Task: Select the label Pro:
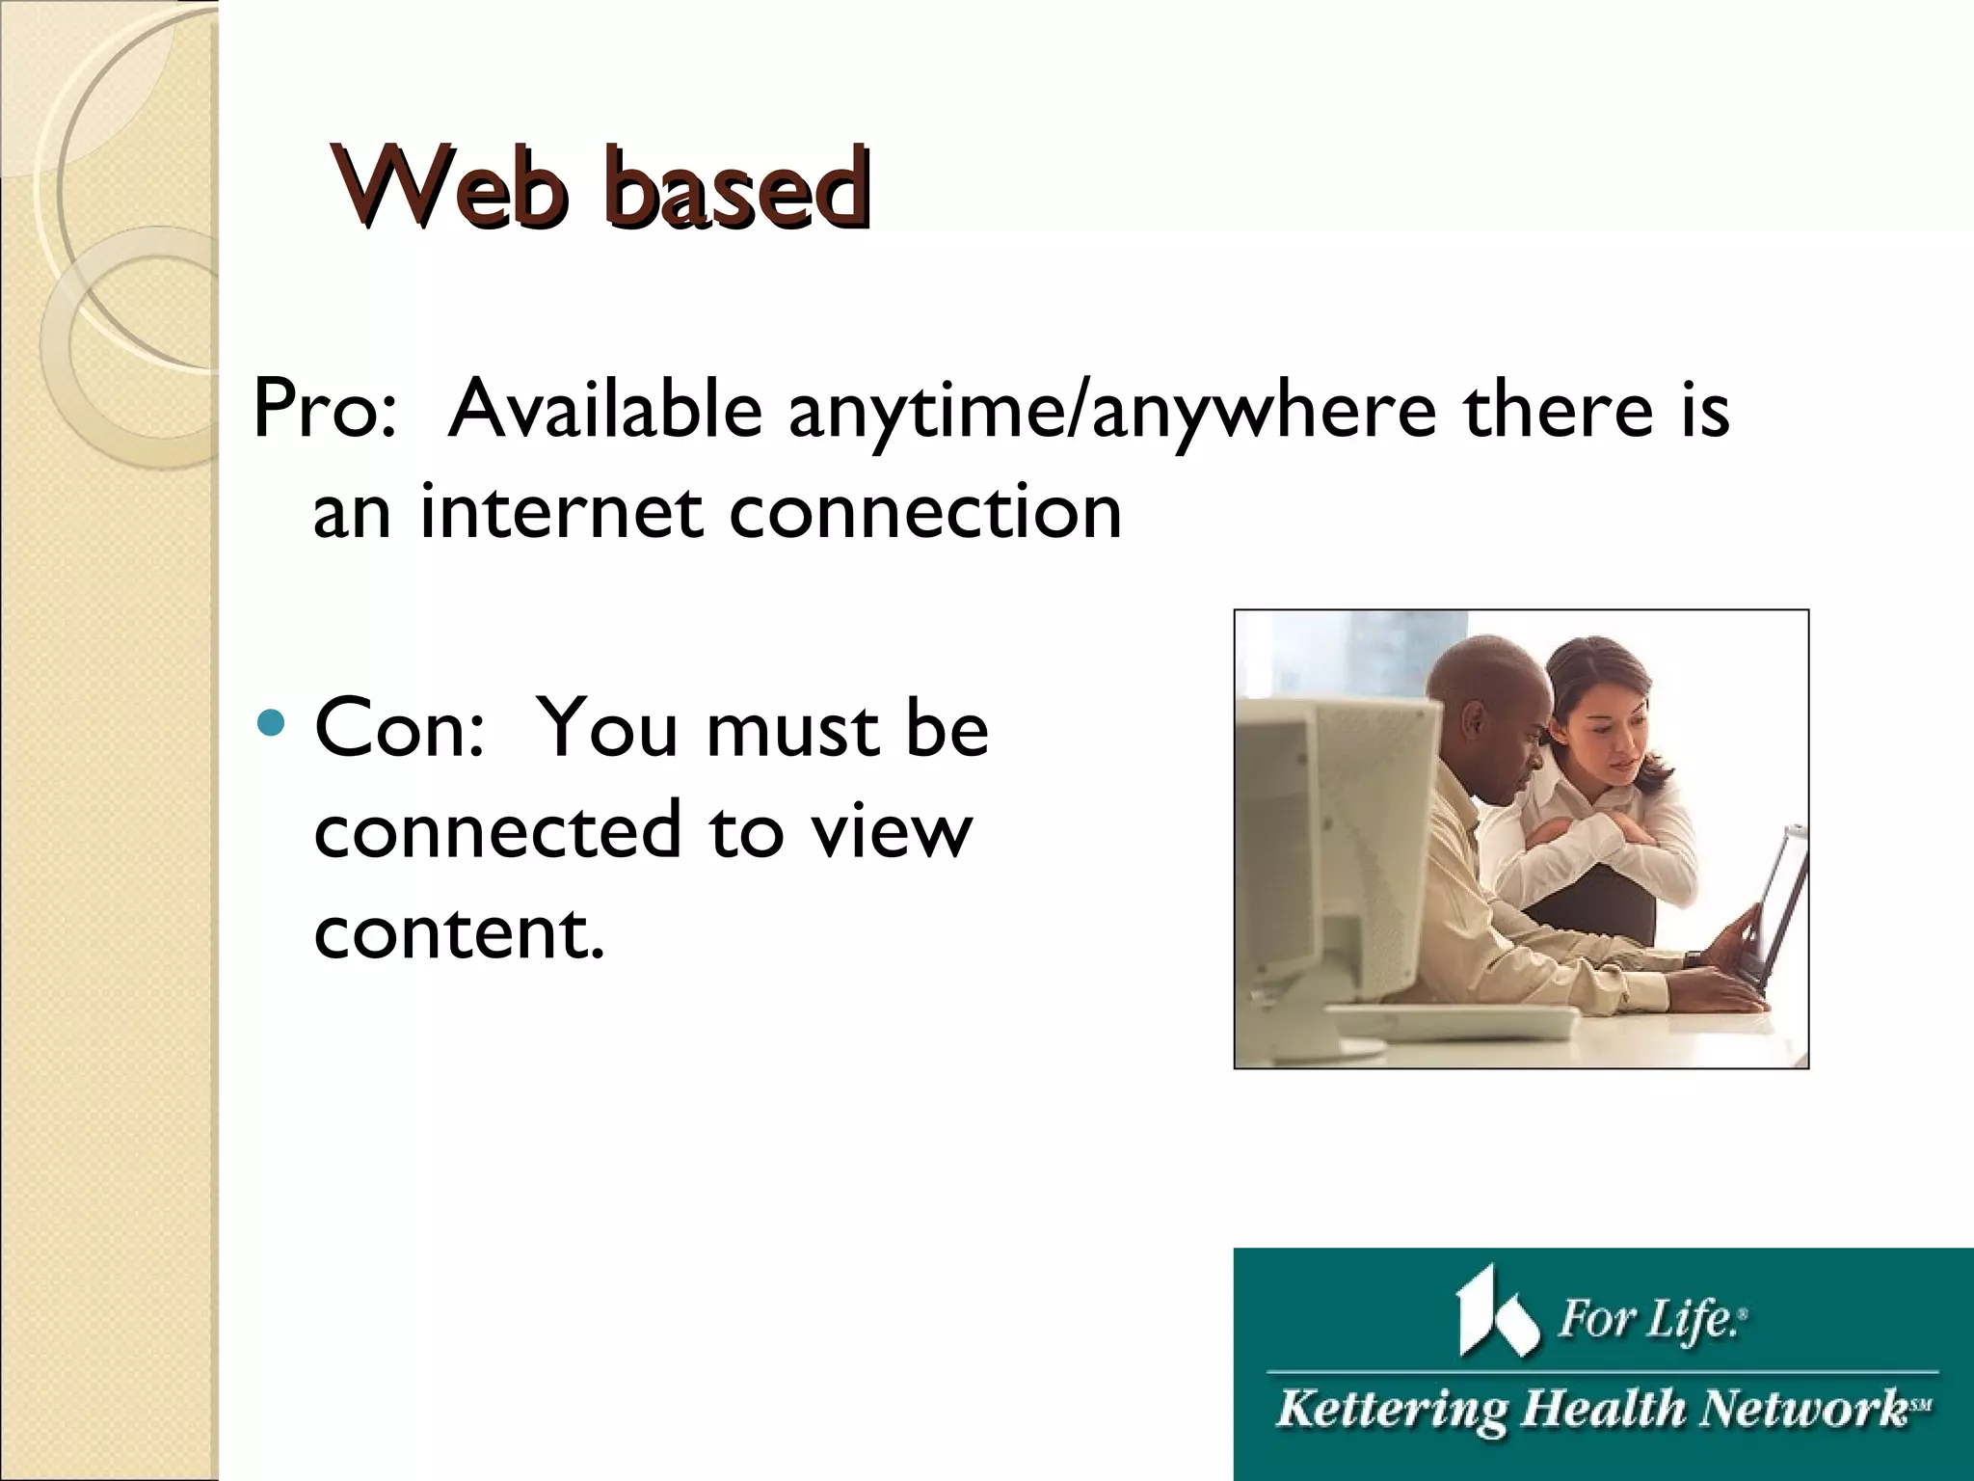click(x=324, y=409)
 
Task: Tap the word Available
click(x=605, y=409)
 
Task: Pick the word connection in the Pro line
click(x=925, y=511)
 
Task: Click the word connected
click(x=497, y=830)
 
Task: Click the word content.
click(x=459, y=931)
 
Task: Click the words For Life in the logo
click(x=1650, y=1318)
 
